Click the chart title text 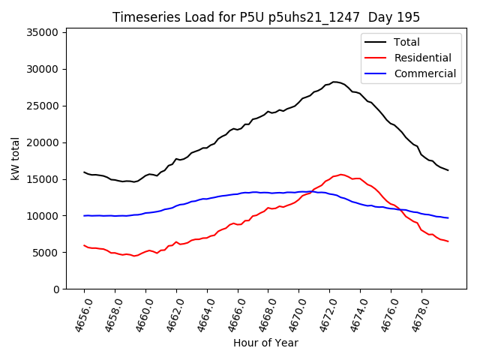click(x=266, y=17)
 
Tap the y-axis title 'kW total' click(x=15, y=158)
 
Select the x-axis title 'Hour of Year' click(x=265, y=343)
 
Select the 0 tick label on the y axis click(x=56, y=289)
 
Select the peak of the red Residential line click(x=341, y=175)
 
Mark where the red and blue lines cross click(x=313, y=192)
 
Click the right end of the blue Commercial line click(x=448, y=217)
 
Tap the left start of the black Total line click(x=84, y=172)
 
